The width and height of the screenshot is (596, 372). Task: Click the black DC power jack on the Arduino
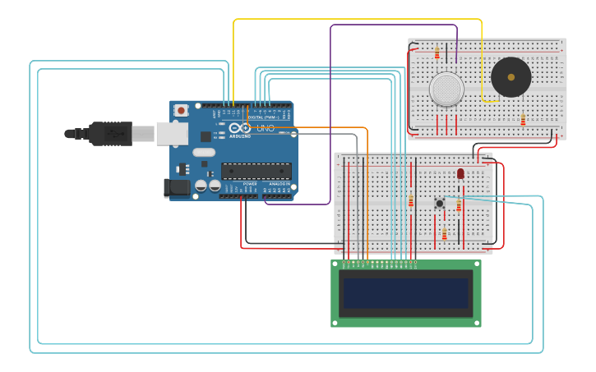(x=176, y=187)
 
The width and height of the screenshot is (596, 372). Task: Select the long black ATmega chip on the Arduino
(x=256, y=171)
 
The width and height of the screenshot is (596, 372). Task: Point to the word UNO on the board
(x=266, y=129)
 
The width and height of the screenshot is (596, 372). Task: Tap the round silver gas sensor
(x=446, y=89)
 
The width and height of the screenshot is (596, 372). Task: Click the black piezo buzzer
(x=511, y=77)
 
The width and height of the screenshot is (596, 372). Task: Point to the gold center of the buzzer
(x=511, y=77)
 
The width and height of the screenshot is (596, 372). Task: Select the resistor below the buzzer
(x=523, y=120)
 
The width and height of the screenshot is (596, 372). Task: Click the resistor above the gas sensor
(x=437, y=53)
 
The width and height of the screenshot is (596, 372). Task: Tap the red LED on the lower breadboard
(x=460, y=174)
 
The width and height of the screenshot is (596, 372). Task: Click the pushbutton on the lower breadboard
(x=440, y=203)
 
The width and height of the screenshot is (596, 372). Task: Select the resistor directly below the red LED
(x=459, y=205)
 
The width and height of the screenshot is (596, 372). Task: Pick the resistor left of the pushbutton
(x=411, y=201)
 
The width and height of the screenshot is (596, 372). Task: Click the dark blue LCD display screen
(x=406, y=293)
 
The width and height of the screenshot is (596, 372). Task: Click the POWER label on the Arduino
(x=249, y=183)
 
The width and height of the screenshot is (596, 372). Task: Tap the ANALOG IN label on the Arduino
(x=277, y=183)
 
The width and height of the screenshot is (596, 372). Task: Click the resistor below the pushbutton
(x=444, y=234)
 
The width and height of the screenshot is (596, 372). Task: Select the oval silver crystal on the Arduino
(x=203, y=152)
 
